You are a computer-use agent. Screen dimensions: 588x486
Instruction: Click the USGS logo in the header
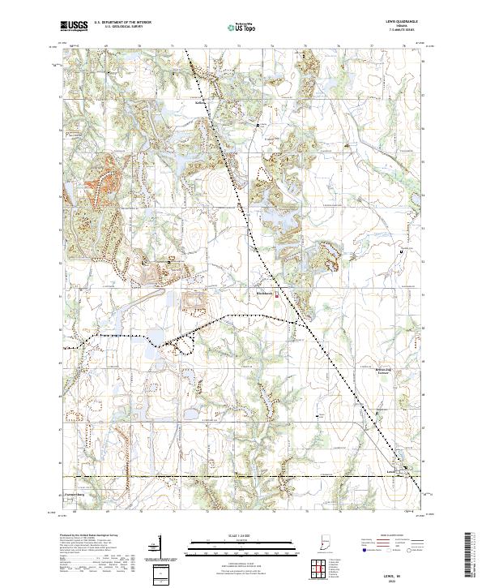pyautogui.click(x=74, y=27)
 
